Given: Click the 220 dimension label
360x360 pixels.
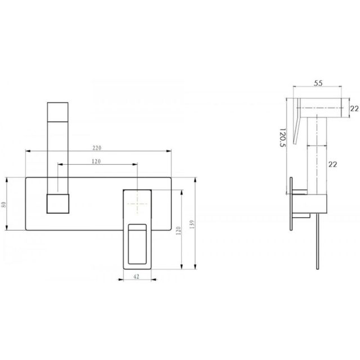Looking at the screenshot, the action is point(97,148).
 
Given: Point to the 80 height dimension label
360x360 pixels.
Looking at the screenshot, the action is point(4,204).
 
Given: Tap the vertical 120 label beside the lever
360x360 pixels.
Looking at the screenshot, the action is point(178,231).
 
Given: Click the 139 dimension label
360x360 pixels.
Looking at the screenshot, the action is point(192,224).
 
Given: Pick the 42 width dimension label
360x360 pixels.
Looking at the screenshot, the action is point(136,276).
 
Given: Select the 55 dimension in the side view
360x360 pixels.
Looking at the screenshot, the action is point(318,83).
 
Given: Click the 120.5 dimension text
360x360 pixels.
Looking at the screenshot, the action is point(283,137).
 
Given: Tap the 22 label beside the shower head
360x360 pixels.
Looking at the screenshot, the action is point(354,109).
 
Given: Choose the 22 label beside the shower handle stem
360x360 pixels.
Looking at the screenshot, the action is point(332,164).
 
